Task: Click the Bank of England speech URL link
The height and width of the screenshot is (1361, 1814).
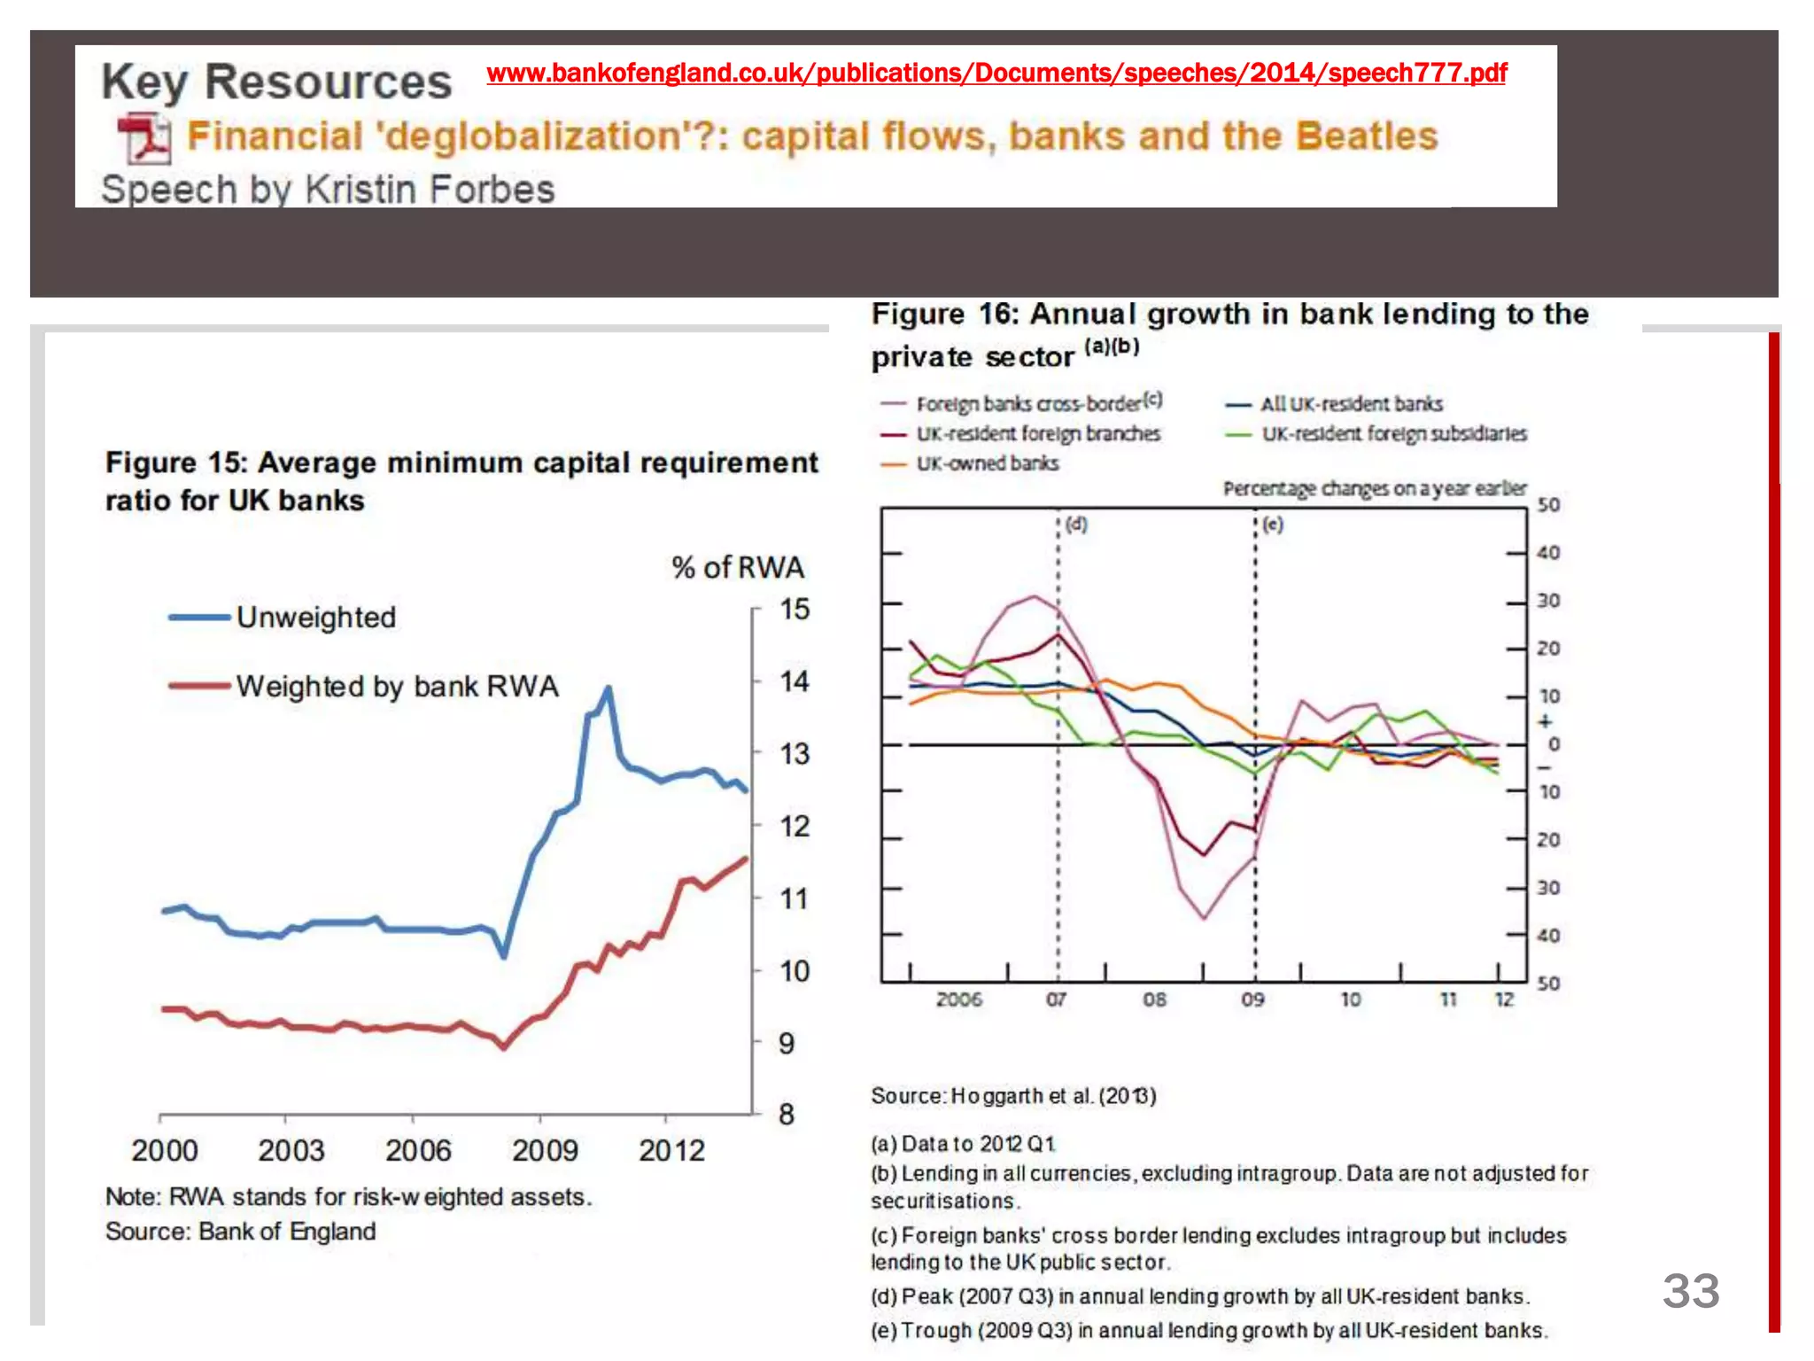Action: [996, 73]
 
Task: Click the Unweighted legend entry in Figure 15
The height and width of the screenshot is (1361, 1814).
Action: [315, 617]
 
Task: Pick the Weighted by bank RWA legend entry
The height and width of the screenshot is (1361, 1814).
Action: [397, 686]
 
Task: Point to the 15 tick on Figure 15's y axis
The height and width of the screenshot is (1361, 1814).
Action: [794, 610]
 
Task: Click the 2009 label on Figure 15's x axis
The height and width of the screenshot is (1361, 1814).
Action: [544, 1151]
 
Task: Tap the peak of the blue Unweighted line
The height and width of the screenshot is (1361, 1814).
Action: [608, 688]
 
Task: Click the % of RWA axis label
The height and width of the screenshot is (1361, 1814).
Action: [737, 567]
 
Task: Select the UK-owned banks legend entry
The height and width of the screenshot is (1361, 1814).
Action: [987, 463]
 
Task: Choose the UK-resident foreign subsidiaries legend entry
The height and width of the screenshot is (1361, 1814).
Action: [1393, 434]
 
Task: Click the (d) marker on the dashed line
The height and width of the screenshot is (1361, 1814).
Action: [1076, 524]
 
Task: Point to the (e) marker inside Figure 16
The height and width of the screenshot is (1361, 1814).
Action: [1273, 524]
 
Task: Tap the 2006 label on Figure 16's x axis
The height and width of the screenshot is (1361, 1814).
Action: [958, 999]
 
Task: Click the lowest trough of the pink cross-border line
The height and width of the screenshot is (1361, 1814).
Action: [1204, 918]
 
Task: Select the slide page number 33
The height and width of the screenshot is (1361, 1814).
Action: [1690, 1291]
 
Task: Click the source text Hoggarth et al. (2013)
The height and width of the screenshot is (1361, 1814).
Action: [1053, 1096]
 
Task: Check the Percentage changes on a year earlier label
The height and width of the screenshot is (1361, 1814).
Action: [1374, 488]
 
